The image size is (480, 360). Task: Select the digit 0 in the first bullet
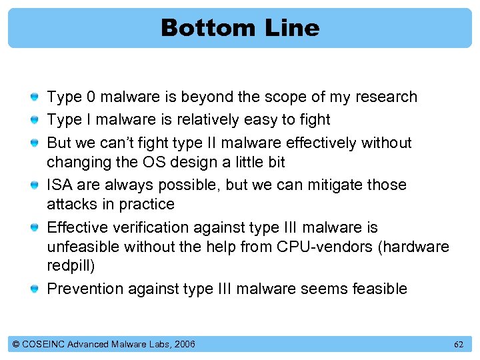[x=91, y=97]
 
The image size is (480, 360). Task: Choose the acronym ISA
[x=60, y=185]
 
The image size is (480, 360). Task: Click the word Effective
[x=76, y=227]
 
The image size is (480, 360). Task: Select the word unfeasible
[x=80, y=247]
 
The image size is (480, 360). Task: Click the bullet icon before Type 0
[x=34, y=97]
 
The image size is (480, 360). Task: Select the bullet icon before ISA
[x=34, y=185]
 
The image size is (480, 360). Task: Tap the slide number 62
[x=459, y=345]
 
